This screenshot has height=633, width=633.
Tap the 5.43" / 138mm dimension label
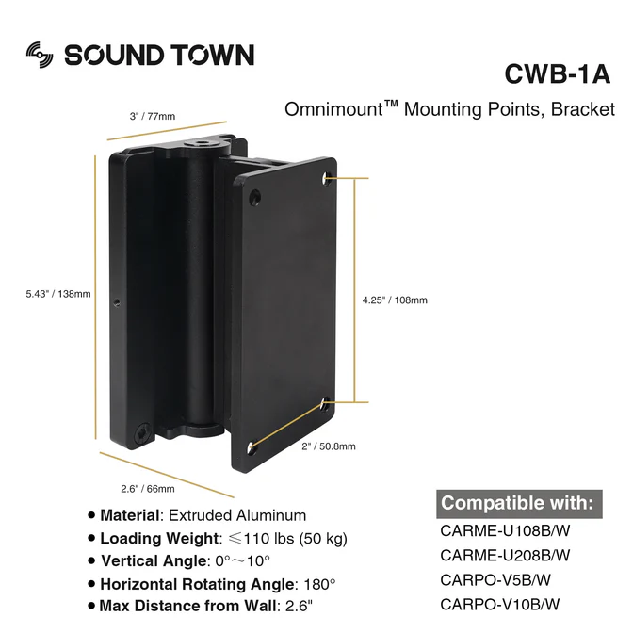pyautogui.click(x=58, y=294)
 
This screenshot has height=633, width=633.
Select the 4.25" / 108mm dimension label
pyautogui.click(x=395, y=300)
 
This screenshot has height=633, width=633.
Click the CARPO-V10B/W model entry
pyautogui.click(x=500, y=603)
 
